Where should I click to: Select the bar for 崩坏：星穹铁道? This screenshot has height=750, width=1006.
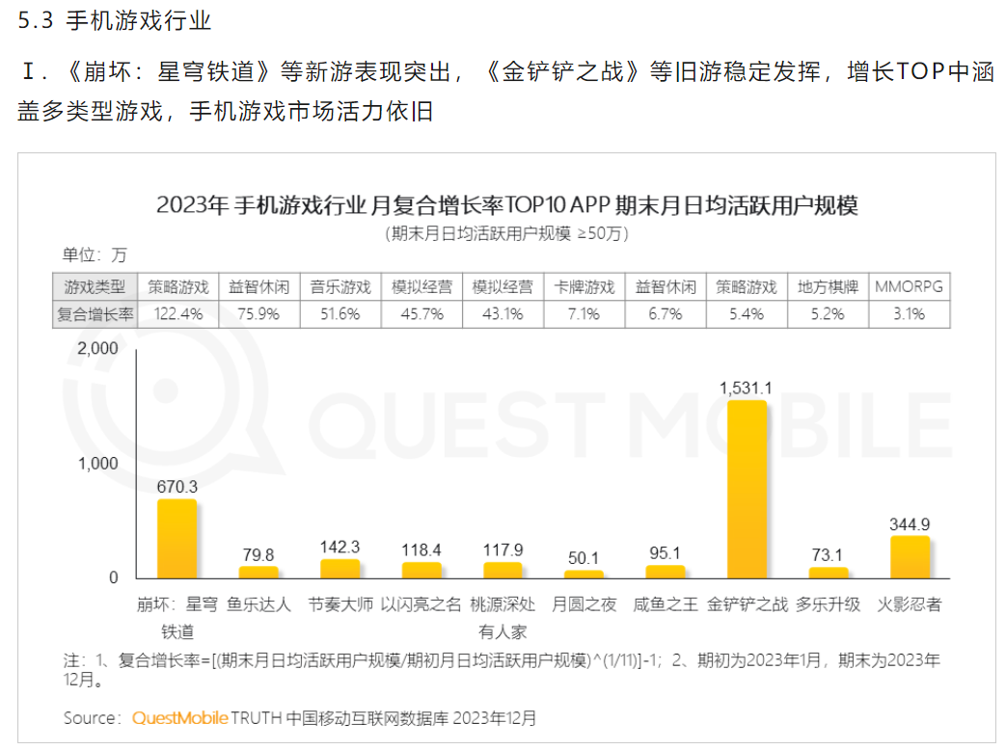(x=177, y=538)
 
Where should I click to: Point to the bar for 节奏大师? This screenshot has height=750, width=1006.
(x=340, y=569)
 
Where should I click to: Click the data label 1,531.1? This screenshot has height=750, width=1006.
(x=746, y=388)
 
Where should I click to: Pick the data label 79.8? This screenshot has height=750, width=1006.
(x=258, y=554)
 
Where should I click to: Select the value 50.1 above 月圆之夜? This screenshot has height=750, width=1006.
(x=584, y=558)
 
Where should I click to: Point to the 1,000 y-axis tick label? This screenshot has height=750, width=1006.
(x=97, y=464)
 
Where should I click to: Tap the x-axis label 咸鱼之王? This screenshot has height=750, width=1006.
(x=666, y=605)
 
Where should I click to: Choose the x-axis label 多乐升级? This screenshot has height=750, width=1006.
(x=829, y=605)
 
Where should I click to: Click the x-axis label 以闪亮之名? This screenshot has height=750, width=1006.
(x=421, y=605)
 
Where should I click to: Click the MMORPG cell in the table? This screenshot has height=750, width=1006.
(x=909, y=286)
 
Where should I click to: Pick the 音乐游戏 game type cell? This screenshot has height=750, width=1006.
(x=340, y=286)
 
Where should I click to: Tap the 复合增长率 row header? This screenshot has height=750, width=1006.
(x=95, y=313)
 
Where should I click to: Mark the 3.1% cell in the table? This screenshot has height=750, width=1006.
(x=909, y=313)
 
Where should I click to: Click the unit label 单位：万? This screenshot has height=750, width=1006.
(x=95, y=254)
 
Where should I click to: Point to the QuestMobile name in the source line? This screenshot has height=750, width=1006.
(x=180, y=718)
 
